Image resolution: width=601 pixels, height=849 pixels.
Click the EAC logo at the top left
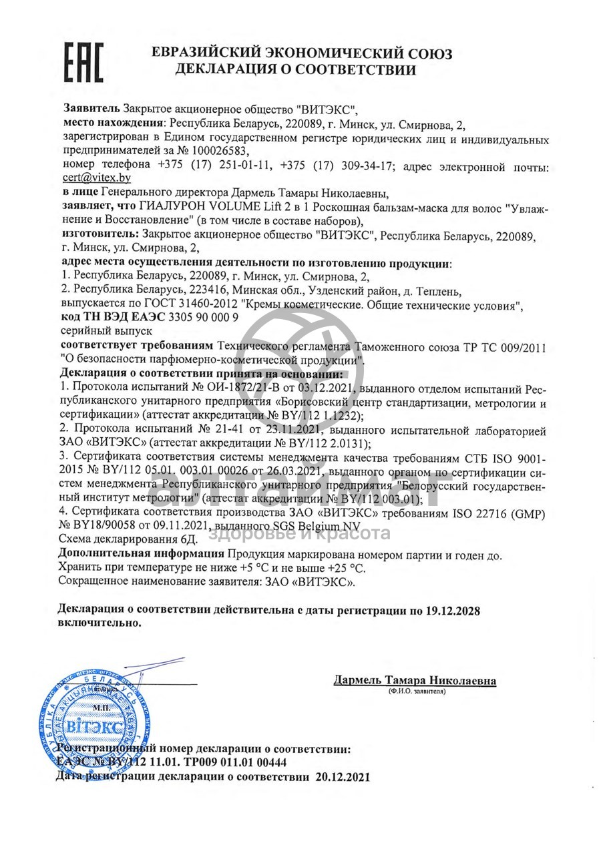click(83, 62)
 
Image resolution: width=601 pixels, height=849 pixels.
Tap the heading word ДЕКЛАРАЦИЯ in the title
click(229, 69)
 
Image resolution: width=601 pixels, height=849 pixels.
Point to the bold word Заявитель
click(91, 108)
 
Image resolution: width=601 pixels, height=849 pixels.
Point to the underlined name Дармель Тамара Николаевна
click(415, 681)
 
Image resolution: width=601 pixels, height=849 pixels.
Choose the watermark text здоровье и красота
click(300, 533)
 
